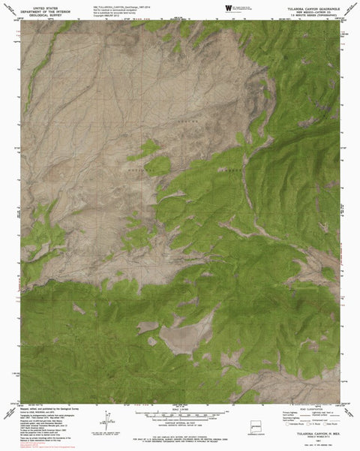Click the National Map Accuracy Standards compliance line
179,432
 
